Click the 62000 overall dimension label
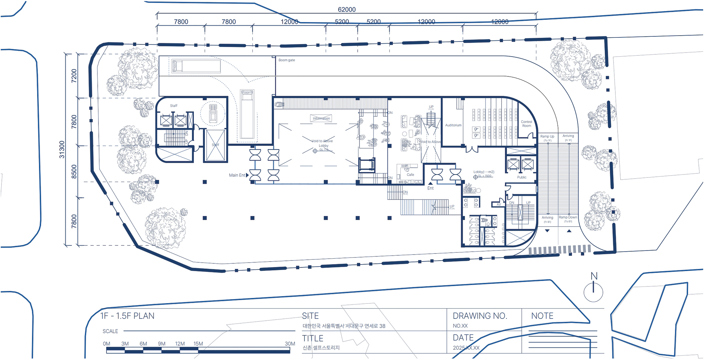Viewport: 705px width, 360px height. pyautogui.click(x=347, y=10)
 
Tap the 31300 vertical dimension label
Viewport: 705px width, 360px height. pyautogui.click(x=62, y=150)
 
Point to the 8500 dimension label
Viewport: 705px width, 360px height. pyautogui.click(x=74, y=172)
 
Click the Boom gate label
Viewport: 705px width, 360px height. pyautogui.click(x=286, y=60)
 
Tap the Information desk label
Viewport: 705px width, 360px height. pyautogui.click(x=321, y=118)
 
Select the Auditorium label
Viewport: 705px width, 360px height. pyautogui.click(x=453, y=125)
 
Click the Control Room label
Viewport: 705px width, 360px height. pyautogui.click(x=526, y=124)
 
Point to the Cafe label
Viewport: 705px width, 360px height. pyautogui.click(x=410, y=175)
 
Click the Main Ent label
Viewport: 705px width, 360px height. pyautogui.click(x=237, y=175)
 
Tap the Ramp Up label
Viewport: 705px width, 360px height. pyautogui.click(x=547, y=136)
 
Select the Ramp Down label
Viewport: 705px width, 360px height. pyautogui.click(x=568, y=217)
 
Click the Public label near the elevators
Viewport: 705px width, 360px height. pyautogui.click(x=521, y=177)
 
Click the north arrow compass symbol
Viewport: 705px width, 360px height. pyautogui.click(x=593, y=290)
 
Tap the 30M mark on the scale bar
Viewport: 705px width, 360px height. pyautogui.click(x=290, y=344)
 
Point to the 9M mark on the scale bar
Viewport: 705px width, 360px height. pyautogui.click(x=162, y=344)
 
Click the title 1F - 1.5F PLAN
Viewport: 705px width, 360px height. pyautogui.click(x=127, y=316)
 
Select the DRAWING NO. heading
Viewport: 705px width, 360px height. pyautogui.click(x=480, y=316)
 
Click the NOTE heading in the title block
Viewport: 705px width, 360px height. pyautogui.click(x=542, y=316)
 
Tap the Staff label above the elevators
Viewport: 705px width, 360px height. pyautogui.click(x=174, y=106)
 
